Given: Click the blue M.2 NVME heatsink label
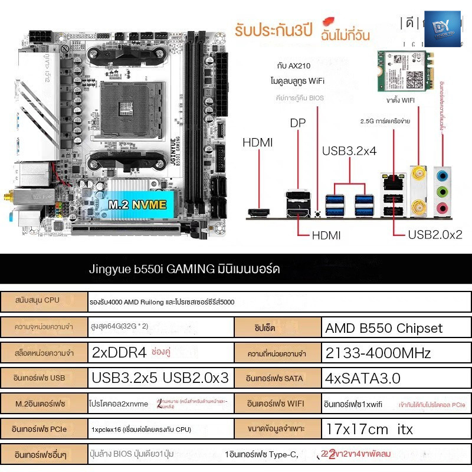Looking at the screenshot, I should [136, 204].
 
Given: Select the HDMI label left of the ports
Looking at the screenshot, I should [258, 142].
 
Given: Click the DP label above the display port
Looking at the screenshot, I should [298, 123].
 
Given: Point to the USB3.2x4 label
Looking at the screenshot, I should [349, 151].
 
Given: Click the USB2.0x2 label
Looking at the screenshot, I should [435, 234].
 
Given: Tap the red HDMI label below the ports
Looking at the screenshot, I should [326, 235].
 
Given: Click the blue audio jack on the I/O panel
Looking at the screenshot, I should [441, 175].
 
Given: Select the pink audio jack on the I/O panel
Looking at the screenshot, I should [441, 207].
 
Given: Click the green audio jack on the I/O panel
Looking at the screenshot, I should [441, 191].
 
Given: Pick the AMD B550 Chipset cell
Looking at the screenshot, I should [383, 328].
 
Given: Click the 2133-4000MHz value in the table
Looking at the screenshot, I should [378, 353].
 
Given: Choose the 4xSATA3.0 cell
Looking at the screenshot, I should [363, 378].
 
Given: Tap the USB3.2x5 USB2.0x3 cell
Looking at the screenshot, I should [160, 378].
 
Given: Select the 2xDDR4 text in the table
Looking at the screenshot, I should [119, 353].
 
